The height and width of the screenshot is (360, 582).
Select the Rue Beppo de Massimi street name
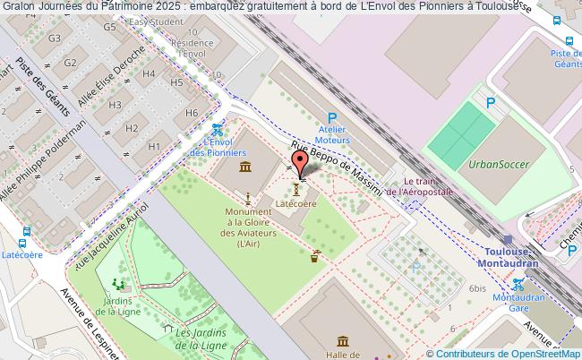[336, 167]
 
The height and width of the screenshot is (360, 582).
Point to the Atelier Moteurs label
[332, 135]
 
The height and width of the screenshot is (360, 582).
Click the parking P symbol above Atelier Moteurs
[332, 117]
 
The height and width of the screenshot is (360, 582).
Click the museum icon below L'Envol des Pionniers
[244, 167]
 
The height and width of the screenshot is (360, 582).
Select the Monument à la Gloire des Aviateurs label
[243, 227]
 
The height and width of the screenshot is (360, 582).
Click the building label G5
[110, 27]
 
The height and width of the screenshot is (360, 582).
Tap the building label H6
[191, 114]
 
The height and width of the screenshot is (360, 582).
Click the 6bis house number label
[476, 289]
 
